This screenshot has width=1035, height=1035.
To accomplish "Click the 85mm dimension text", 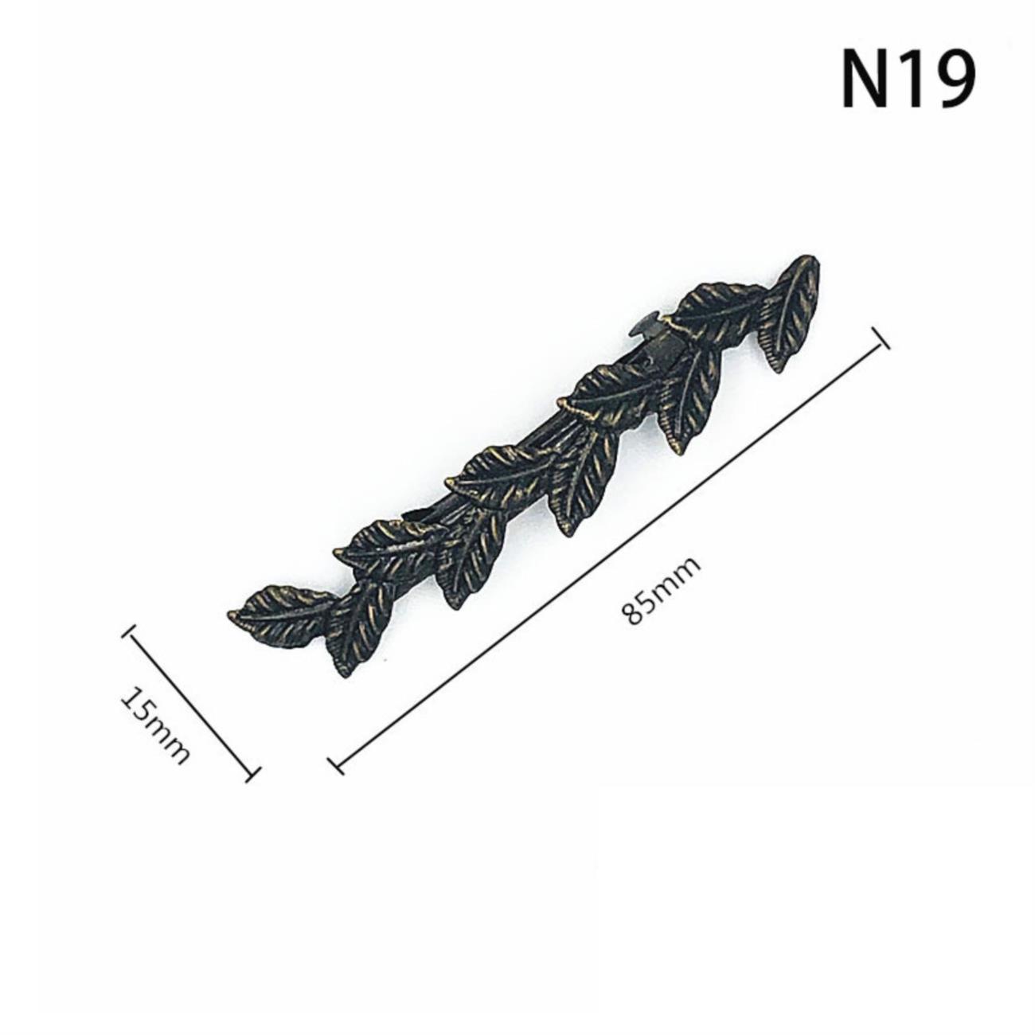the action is (662, 593).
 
